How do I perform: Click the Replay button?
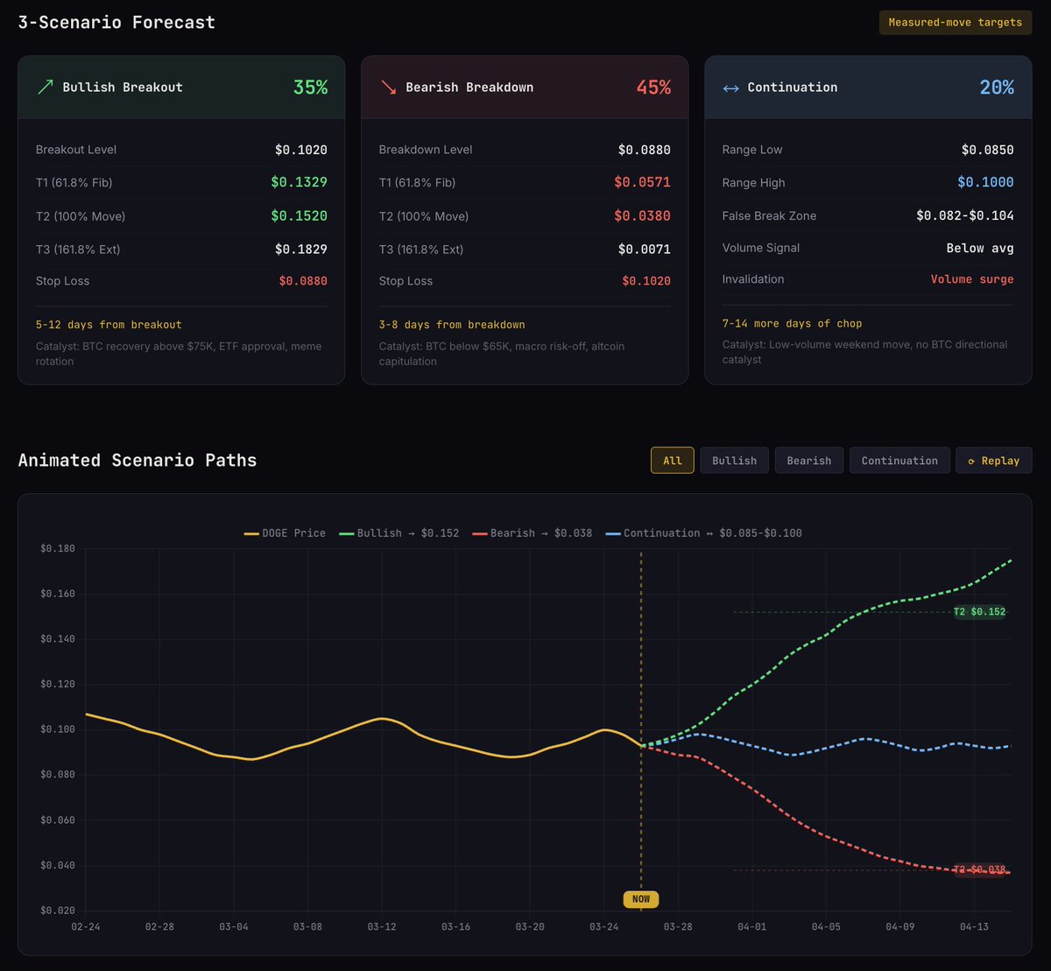pos(993,461)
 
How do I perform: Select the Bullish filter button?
pos(734,461)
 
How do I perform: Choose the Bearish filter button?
pos(808,461)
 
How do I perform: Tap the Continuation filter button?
pos(899,461)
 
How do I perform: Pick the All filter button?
pos(672,461)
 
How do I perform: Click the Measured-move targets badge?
pos(955,23)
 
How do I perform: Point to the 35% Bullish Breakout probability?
pos(310,88)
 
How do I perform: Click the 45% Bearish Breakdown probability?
pos(653,88)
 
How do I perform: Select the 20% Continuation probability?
pos(997,88)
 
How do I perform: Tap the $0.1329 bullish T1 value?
pos(299,183)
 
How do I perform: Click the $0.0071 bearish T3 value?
pos(644,250)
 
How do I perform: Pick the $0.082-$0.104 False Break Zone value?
pos(964,216)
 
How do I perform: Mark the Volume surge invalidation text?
pos(971,279)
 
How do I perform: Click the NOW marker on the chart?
pos(640,899)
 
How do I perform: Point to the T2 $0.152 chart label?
pos(979,612)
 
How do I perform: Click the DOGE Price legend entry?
pos(285,533)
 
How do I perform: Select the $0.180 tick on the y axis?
pos(58,549)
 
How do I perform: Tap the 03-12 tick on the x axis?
pos(382,926)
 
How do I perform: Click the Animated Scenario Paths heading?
pos(138,461)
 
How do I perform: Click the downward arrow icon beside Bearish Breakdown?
pos(388,88)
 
